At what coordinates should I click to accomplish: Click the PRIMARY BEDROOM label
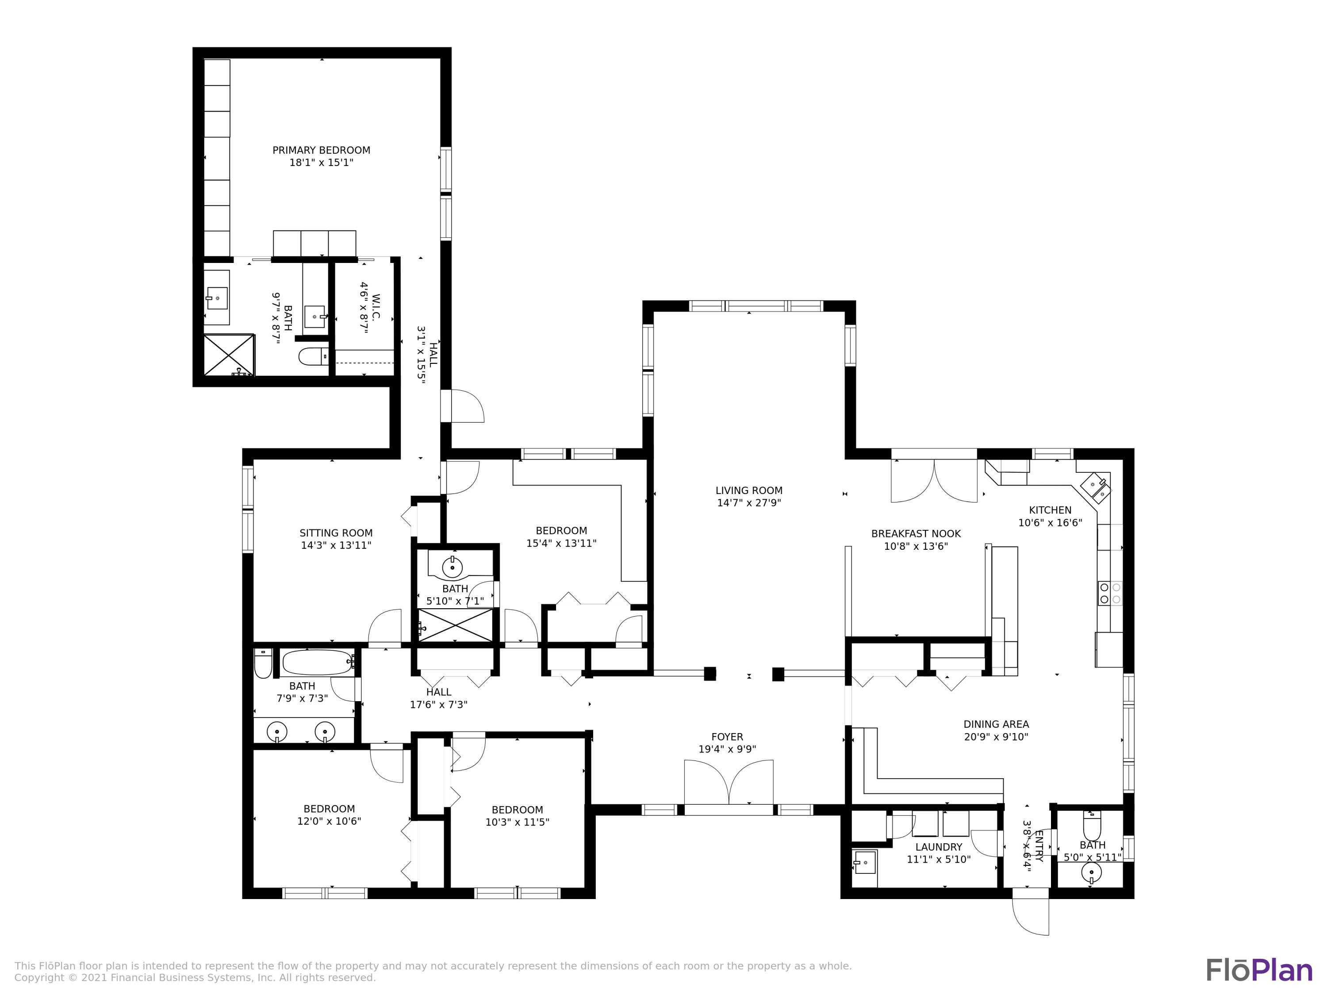point(321,150)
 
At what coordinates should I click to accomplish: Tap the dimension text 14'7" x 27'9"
point(749,503)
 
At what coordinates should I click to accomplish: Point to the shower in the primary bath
point(229,355)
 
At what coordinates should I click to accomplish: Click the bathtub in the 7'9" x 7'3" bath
point(317,663)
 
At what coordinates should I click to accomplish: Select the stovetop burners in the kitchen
point(1110,593)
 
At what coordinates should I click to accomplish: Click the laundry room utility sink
point(864,867)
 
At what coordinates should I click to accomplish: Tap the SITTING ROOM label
point(336,533)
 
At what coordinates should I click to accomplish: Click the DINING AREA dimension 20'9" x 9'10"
point(996,737)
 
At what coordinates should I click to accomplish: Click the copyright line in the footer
point(195,978)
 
